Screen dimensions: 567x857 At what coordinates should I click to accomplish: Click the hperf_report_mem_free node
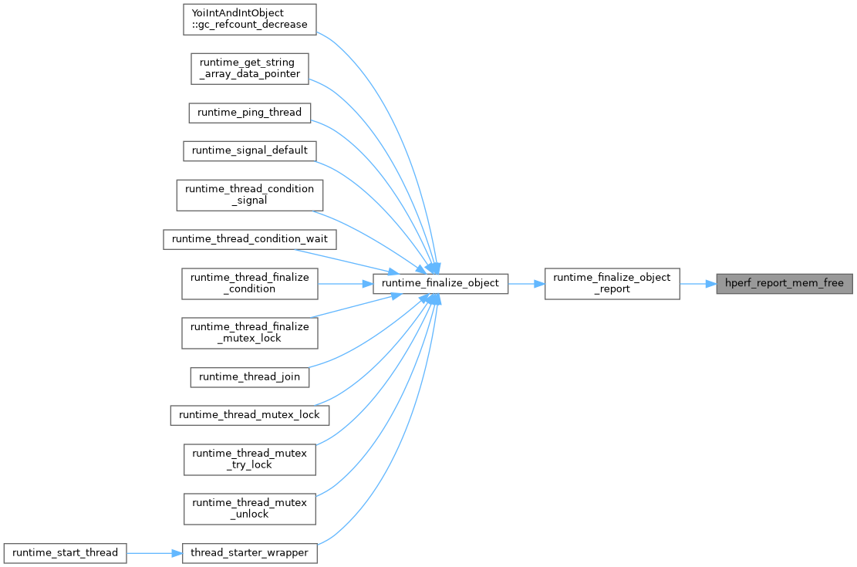tap(784, 283)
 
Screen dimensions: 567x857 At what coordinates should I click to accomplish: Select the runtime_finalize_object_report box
tap(612, 283)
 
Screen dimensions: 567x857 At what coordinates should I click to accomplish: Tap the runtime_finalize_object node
tap(440, 283)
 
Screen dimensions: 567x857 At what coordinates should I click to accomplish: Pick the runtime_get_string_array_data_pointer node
tap(249, 68)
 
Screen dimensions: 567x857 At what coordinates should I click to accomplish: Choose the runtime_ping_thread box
tap(249, 112)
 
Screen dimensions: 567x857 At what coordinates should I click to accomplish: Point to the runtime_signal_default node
tap(249, 150)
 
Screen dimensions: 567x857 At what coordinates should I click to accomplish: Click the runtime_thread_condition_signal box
tap(249, 194)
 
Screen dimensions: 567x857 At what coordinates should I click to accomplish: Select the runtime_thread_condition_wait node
tap(249, 239)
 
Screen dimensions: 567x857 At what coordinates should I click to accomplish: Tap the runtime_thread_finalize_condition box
tap(249, 283)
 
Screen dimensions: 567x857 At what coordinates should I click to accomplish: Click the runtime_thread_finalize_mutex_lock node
tap(249, 332)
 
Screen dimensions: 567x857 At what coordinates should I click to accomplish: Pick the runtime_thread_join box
tap(249, 376)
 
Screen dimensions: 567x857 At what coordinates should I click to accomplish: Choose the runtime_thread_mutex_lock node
tap(249, 414)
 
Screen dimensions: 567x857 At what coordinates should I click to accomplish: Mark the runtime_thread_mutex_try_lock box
tap(249, 459)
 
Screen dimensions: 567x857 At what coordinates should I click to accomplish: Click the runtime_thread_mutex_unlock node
tap(249, 508)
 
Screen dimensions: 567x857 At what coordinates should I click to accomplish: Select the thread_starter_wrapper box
tap(249, 552)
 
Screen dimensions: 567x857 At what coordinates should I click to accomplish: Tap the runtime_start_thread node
tap(64, 552)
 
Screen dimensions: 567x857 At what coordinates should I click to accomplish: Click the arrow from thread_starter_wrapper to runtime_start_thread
tap(154, 552)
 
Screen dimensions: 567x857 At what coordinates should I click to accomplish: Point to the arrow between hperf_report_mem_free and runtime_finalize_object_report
tap(697, 283)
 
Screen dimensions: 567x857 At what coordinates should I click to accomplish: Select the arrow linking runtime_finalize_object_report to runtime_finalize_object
tap(526, 283)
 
